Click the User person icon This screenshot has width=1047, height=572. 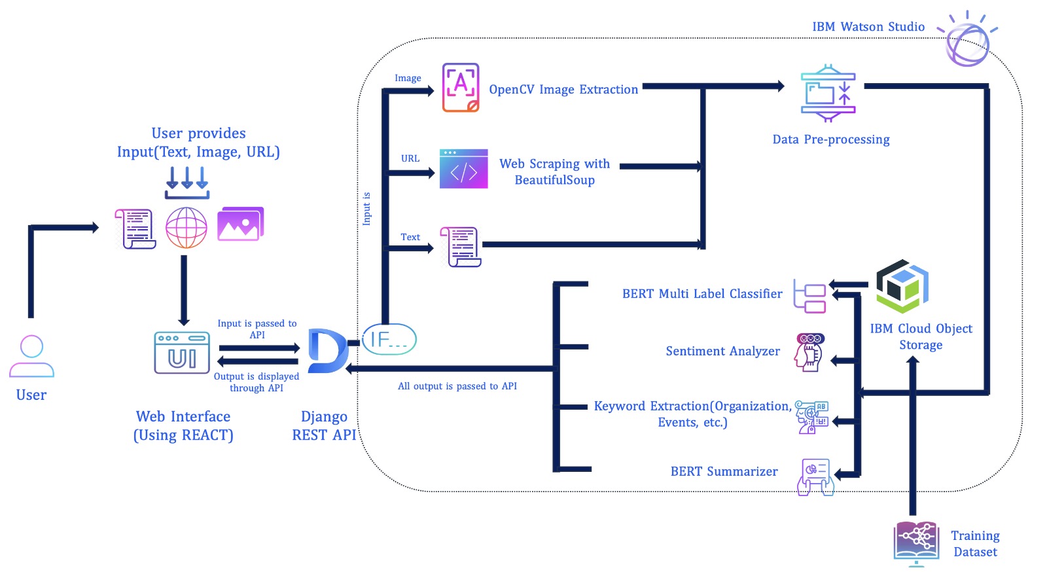[x=31, y=356]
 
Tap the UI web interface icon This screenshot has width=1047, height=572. [x=182, y=353]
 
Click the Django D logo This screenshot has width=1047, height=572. [x=327, y=351]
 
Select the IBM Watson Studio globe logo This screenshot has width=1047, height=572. [x=967, y=43]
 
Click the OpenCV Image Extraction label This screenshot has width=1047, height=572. [x=563, y=90]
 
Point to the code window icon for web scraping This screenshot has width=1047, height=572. [x=463, y=169]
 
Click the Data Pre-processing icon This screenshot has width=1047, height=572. [x=828, y=94]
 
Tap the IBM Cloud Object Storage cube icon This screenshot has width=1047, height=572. [x=902, y=286]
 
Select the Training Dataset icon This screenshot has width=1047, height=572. [x=916, y=542]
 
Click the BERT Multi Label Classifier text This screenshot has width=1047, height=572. [x=702, y=294]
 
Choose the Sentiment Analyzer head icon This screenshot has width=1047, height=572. [x=809, y=352]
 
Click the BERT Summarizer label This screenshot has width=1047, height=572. [x=724, y=472]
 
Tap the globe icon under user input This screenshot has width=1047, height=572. [x=186, y=228]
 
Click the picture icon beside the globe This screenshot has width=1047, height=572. [x=240, y=224]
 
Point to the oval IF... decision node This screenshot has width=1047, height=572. [x=389, y=339]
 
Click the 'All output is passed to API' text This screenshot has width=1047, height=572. [x=457, y=386]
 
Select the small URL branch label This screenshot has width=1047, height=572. [x=410, y=158]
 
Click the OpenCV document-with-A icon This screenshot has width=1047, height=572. [x=461, y=88]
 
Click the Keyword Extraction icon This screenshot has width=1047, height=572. [x=812, y=417]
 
